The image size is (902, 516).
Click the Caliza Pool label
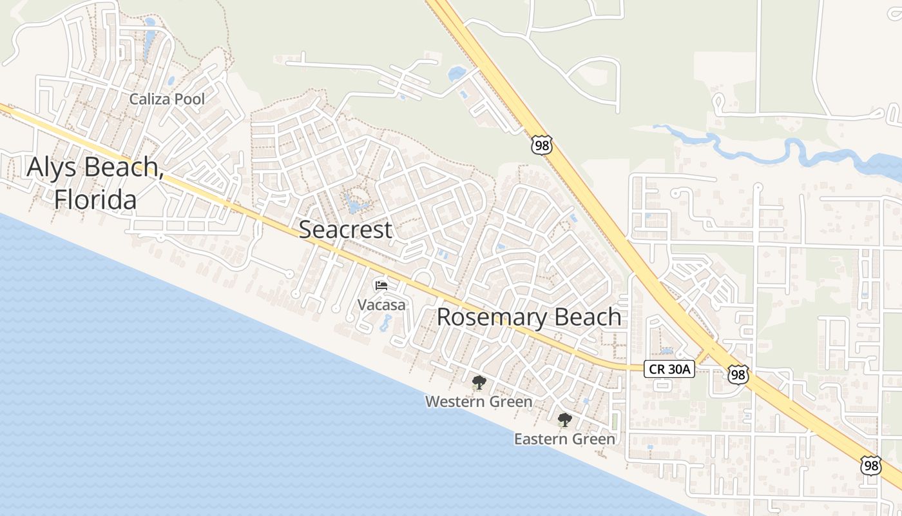(167, 99)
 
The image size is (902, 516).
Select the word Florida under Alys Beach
(95, 199)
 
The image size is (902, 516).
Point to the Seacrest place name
(345, 229)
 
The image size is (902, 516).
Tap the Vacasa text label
(381, 304)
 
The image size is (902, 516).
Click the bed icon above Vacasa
(381, 285)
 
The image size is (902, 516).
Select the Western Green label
(479, 401)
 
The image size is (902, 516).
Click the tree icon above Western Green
(479, 383)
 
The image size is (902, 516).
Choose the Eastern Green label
(564, 439)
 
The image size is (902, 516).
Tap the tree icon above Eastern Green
(564, 421)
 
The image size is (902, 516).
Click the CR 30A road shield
(669, 369)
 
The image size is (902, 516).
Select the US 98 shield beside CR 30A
(738, 374)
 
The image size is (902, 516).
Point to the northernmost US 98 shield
(542, 145)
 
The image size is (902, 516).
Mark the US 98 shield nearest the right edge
(871, 465)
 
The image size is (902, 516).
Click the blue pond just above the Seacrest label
(354, 205)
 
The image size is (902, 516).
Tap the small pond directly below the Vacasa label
(385, 322)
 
